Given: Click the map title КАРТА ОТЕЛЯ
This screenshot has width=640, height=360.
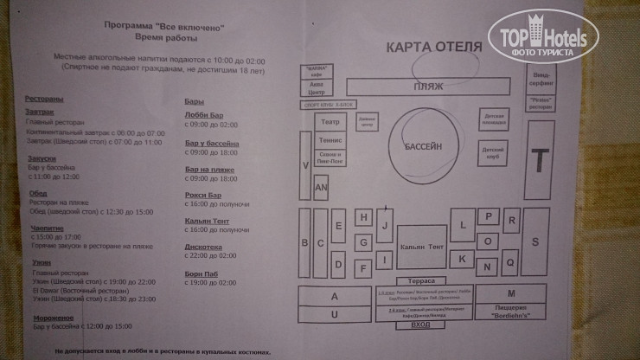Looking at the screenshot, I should [x=433, y=47].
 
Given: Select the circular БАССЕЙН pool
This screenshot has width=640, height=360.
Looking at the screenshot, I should [x=423, y=146].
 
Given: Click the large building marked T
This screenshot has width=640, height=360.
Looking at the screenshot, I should [x=541, y=161].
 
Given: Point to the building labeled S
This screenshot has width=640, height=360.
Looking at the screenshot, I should [x=536, y=242].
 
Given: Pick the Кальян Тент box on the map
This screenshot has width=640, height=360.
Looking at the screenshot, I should [x=422, y=247].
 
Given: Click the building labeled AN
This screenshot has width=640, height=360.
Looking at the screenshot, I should [x=320, y=188].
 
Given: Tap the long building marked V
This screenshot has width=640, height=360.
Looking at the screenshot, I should [x=304, y=164].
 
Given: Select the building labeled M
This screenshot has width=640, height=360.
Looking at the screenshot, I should [x=510, y=293].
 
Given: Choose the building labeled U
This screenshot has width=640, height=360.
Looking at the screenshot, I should [x=333, y=314].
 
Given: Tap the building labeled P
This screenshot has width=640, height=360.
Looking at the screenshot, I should [x=489, y=217].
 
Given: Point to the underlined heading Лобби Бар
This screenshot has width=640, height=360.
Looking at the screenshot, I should [x=203, y=113].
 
